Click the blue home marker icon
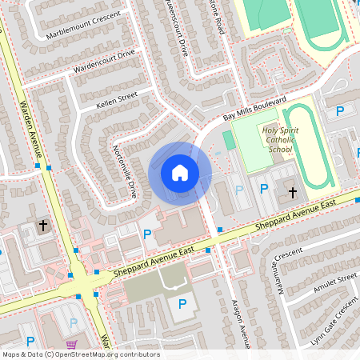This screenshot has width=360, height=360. click(x=180, y=173)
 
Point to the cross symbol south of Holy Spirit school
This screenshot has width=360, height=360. click(x=293, y=192)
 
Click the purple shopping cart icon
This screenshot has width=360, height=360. click(x=73, y=345)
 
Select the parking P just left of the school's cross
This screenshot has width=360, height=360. click(x=264, y=189)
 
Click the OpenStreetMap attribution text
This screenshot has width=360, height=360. click(x=82, y=354)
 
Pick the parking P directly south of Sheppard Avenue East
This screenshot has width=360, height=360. click(x=182, y=303)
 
